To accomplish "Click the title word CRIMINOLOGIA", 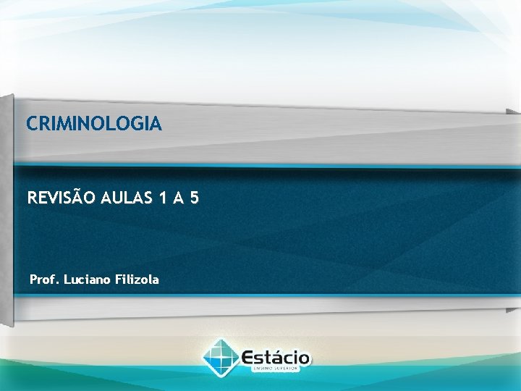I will click(x=94, y=125).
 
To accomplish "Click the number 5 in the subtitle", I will click(x=194, y=196).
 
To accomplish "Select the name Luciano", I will click(x=87, y=279).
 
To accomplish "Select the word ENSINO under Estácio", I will click(x=262, y=369).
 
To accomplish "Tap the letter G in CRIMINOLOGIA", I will click(x=137, y=125).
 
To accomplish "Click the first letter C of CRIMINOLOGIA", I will click(x=32, y=125).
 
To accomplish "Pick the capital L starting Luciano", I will click(x=67, y=279).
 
